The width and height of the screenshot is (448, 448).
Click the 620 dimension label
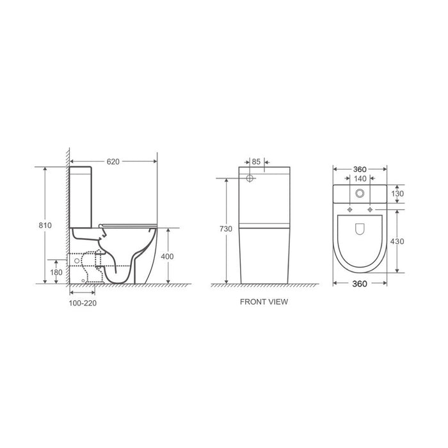[113, 162]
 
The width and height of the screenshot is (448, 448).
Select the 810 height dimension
[45, 225]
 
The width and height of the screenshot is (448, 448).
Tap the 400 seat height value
[167, 257]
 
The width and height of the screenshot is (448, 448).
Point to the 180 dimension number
[56, 272]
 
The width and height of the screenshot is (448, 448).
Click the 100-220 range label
[83, 303]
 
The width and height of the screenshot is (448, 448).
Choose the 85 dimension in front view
[256, 162]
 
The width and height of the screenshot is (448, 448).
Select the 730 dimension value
[226, 229]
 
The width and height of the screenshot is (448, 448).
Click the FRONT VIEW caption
[264, 301]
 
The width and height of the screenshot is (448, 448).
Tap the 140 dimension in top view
[360, 179]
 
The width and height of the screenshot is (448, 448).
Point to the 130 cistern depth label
[397, 194]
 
